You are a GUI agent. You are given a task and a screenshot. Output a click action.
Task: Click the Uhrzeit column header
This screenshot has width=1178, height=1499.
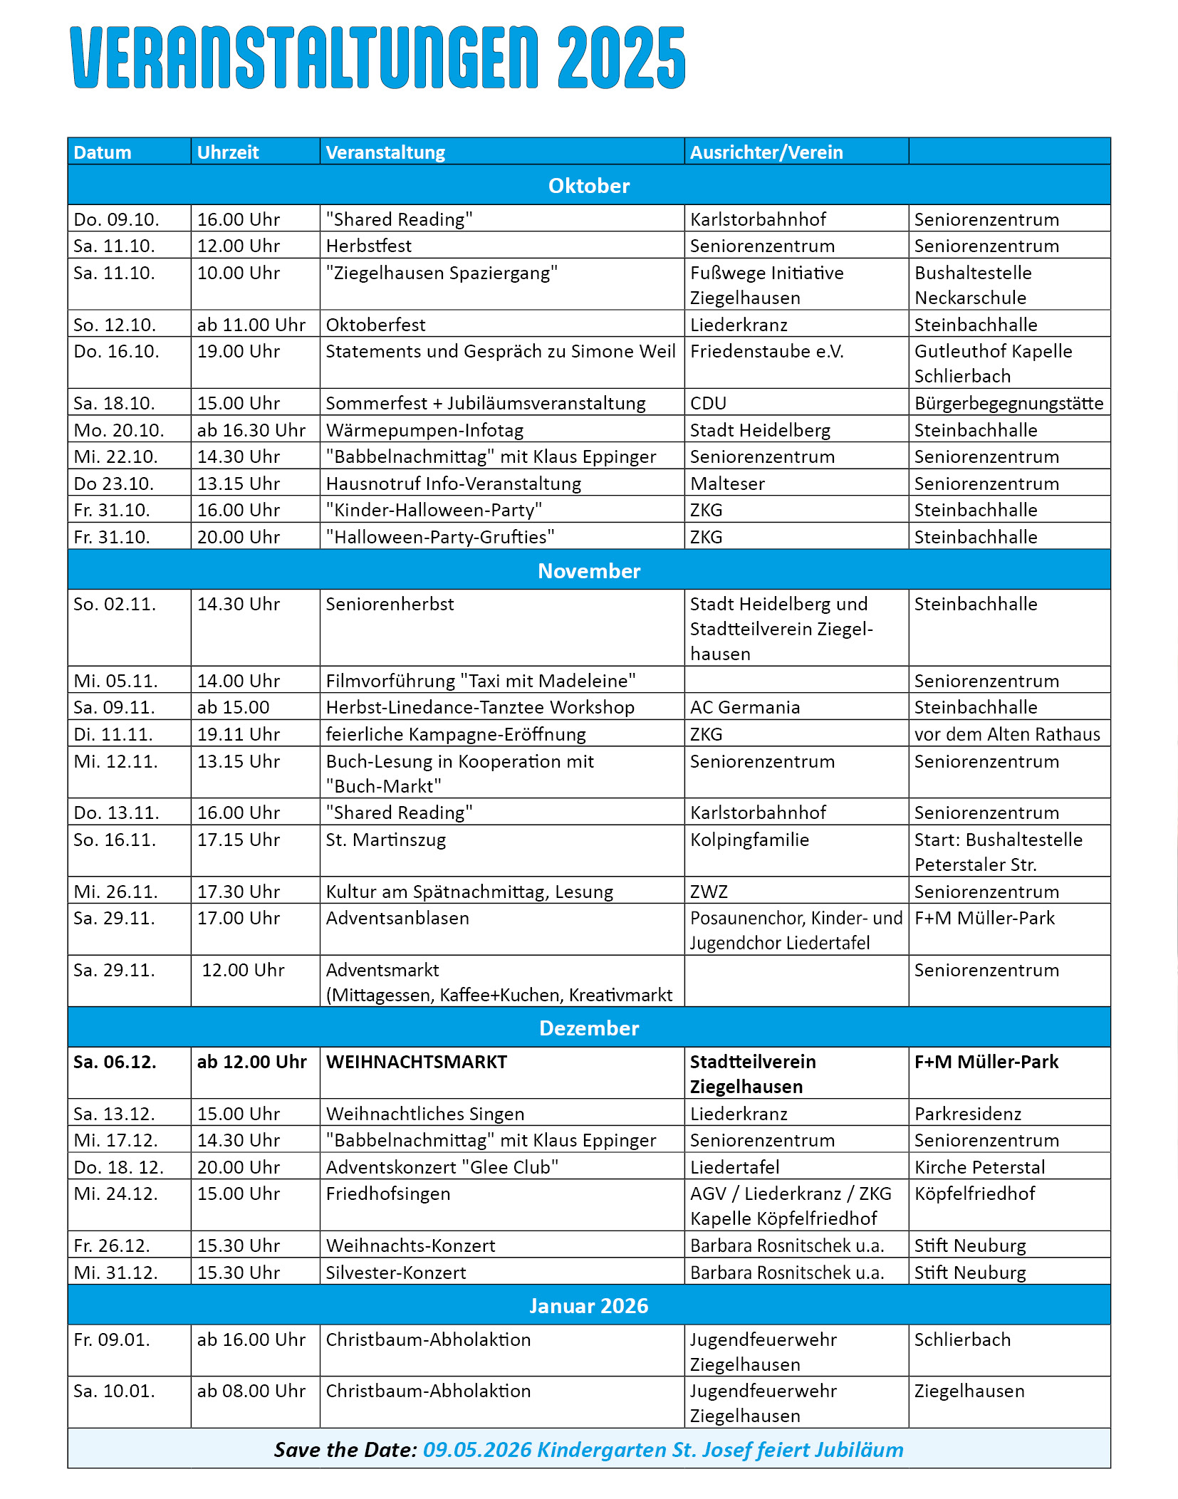(228, 152)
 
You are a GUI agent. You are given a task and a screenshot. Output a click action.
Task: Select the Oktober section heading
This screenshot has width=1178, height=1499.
(588, 186)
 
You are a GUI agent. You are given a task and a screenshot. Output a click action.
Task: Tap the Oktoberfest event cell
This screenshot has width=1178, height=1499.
(375, 325)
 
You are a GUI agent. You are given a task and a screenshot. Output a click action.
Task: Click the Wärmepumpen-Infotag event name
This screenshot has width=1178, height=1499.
(424, 430)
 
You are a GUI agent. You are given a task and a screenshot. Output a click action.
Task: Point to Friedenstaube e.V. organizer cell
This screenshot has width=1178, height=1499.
(766, 351)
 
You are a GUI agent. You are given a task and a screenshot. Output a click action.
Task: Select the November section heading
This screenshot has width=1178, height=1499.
(588, 571)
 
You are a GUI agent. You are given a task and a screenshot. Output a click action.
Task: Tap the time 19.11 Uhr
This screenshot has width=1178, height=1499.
(238, 734)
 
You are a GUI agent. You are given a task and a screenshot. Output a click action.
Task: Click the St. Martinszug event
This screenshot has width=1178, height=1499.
(385, 840)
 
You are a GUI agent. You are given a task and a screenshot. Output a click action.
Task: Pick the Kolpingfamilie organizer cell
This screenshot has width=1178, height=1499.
(749, 840)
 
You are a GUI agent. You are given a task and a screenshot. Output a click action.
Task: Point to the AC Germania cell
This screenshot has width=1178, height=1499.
(744, 707)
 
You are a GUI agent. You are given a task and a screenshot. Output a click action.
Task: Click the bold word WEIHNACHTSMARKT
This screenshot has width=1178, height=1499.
(417, 1062)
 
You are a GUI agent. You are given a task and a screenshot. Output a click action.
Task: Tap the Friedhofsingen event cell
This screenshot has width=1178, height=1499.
(388, 1194)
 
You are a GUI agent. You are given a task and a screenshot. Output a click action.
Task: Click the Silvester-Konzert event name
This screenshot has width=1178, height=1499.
(396, 1273)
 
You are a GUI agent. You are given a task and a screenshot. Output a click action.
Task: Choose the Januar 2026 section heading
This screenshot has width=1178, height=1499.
(588, 1306)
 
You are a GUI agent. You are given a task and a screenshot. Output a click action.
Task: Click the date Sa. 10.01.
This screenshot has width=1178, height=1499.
(114, 1391)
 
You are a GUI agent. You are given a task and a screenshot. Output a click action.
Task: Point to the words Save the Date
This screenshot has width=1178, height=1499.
(345, 1450)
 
